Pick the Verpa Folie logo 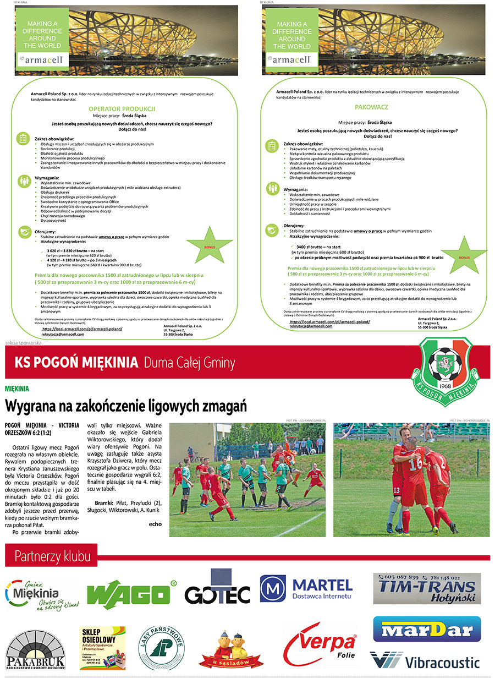[320, 644]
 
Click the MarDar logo [427, 629]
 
